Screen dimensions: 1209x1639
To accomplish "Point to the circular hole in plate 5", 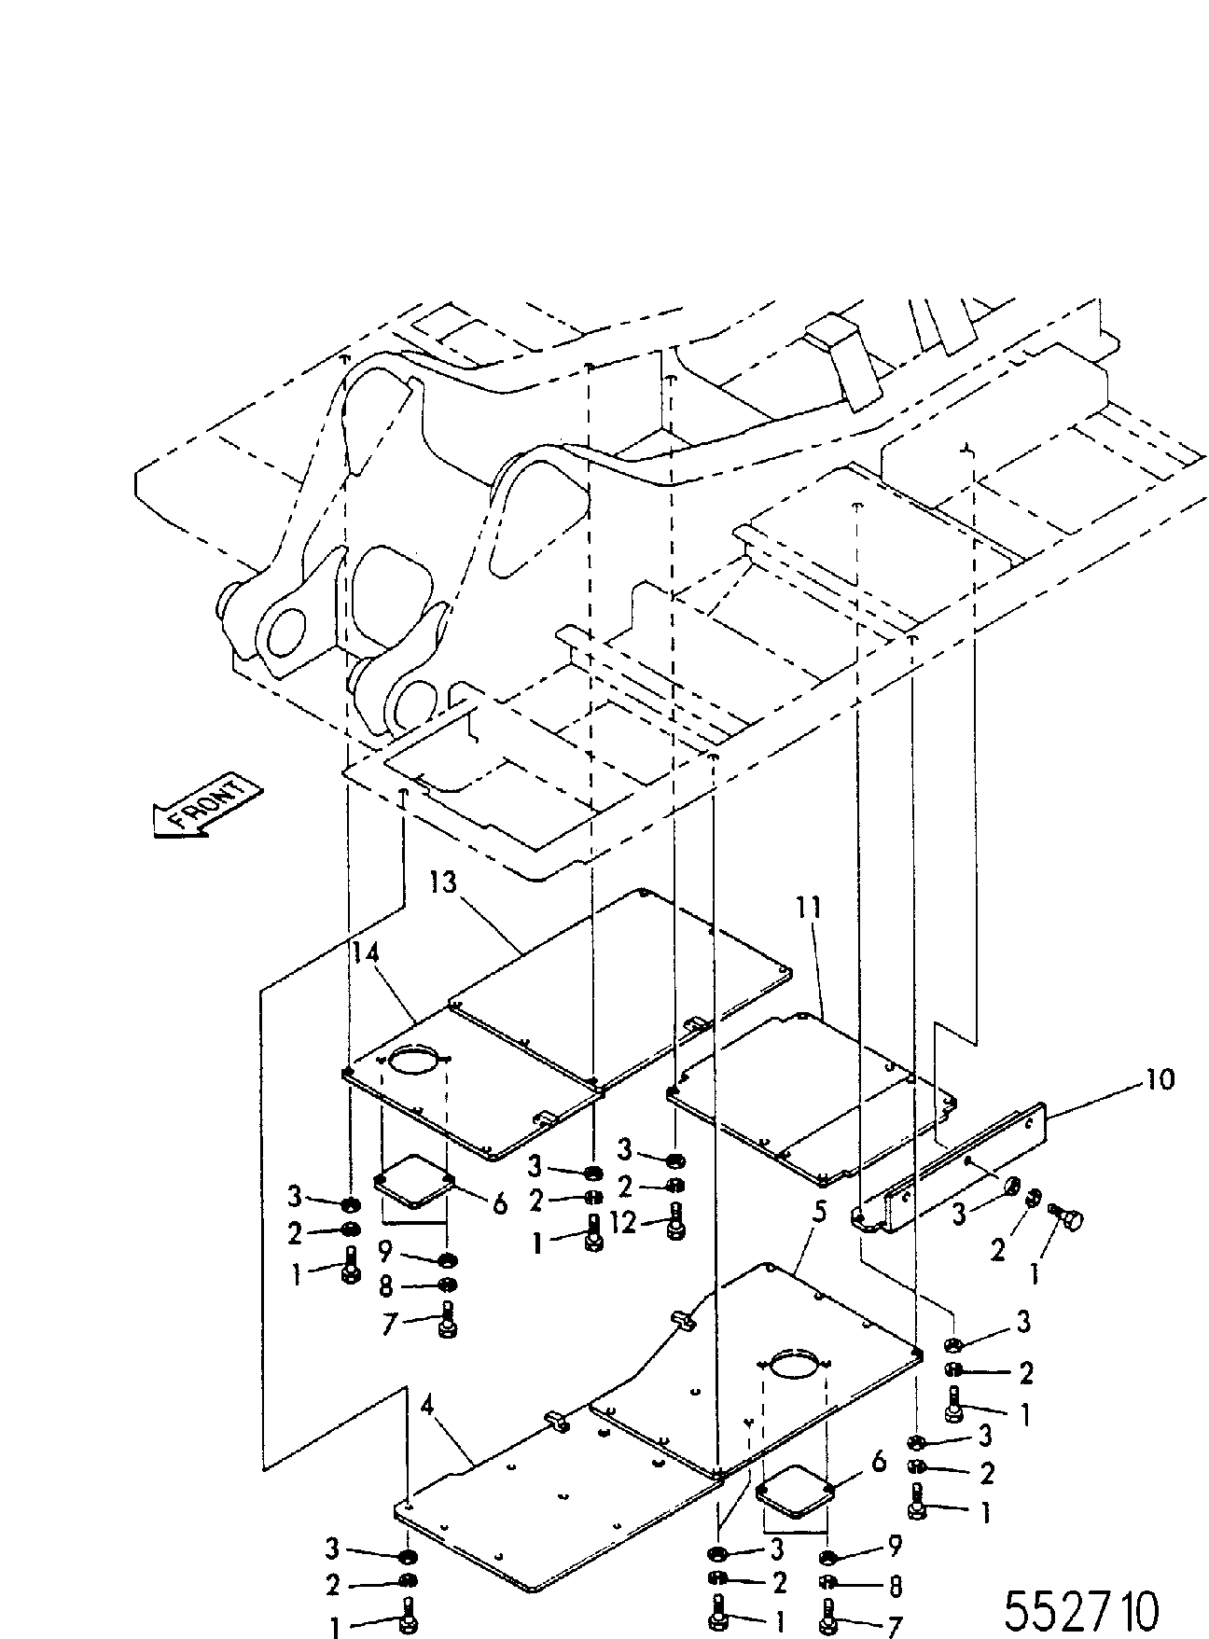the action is click(795, 1362).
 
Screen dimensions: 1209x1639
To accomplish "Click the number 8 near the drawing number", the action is click(894, 1586).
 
